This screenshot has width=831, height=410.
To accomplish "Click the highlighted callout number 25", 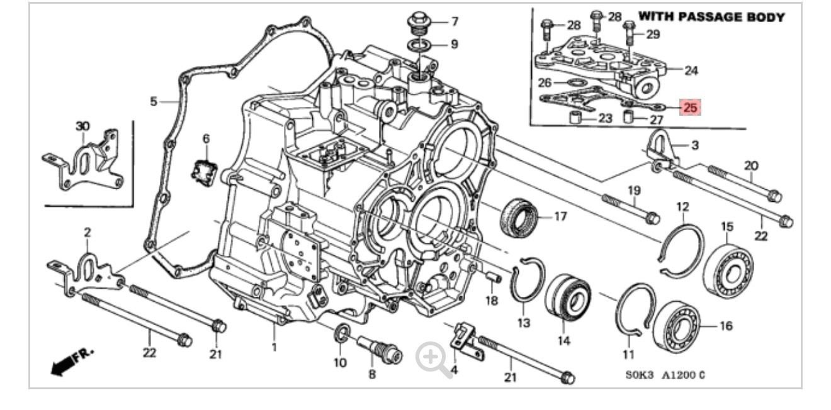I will (690, 108).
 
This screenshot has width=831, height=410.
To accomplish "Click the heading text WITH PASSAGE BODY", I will (711, 18).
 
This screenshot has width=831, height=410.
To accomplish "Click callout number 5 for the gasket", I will (153, 101).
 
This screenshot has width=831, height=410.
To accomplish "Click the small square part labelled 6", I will (205, 172).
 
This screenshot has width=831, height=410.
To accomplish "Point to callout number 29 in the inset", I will (652, 34).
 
